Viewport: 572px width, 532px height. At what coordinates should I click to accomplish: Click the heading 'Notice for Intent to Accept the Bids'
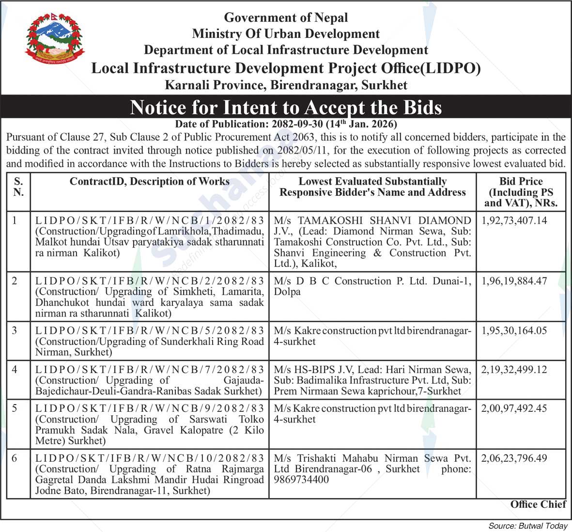coord(286,107)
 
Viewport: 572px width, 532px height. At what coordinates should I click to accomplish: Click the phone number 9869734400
coord(301,479)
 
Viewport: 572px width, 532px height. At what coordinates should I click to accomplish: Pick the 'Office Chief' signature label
coord(538,504)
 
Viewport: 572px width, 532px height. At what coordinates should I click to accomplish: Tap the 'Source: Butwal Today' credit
coord(528,526)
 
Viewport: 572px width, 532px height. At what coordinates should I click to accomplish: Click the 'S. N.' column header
coord(18,187)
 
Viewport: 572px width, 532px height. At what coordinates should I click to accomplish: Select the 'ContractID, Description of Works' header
coord(149,182)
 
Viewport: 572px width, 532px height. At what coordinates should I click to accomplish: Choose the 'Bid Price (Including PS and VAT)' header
coord(521,192)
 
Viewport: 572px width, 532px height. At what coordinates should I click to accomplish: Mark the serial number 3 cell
coord(15,330)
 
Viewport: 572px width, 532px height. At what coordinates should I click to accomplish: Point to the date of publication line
coord(286,124)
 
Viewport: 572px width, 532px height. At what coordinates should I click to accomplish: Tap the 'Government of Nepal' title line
coord(286,18)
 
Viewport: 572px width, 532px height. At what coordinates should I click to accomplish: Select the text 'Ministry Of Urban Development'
coord(286,34)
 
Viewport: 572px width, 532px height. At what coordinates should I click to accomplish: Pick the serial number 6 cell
coord(15,458)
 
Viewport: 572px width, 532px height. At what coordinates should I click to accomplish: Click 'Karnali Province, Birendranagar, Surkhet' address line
coord(286,85)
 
